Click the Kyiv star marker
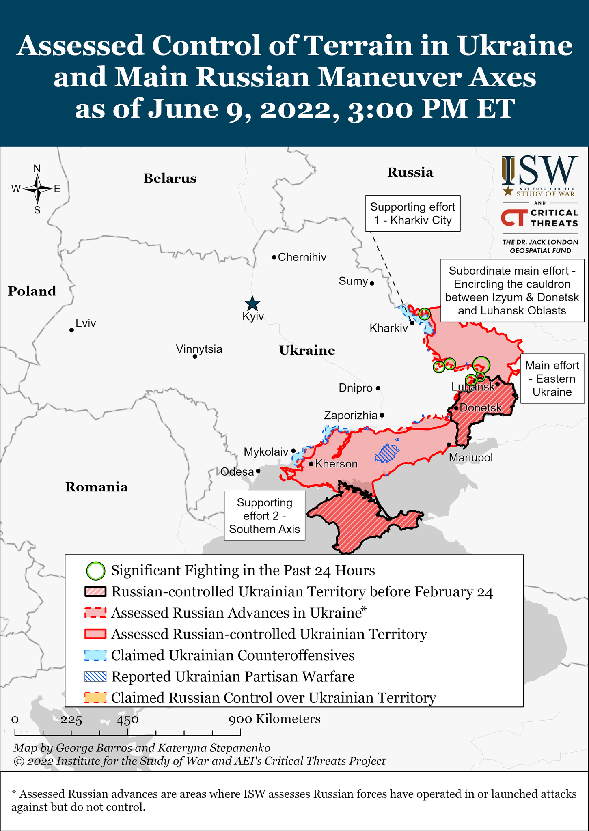(x=252, y=304)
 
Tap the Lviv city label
(x=86, y=323)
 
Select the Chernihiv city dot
(x=274, y=257)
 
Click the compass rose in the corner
(x=37, y=189)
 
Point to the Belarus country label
(x=170, y=179)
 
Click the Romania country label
(x=97, y=487)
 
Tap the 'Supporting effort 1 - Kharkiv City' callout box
(x=412, y=213)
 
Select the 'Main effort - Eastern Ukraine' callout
(x=552, y=379)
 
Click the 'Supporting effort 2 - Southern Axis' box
(x=265, y=516)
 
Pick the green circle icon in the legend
(x=96, y=571)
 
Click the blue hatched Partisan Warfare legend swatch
(x=95, y=676)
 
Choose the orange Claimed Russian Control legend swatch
(x=95, y=698)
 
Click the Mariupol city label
(x=470, y=458)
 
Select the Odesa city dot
(x=258, y=471)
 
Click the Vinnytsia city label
(x=199, y=349)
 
